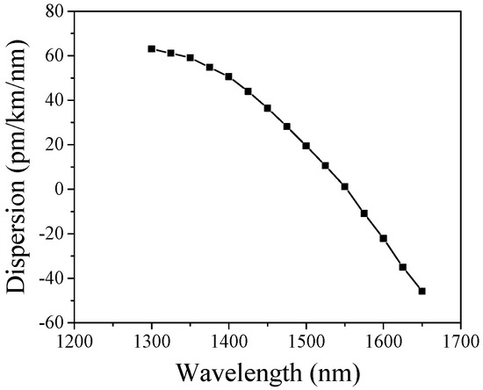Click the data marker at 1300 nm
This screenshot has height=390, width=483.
[152, 49]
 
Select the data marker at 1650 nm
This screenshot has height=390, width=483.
[422, 291]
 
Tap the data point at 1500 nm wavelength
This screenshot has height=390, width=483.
[306, 146]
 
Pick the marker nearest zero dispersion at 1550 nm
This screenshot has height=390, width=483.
[345, 186]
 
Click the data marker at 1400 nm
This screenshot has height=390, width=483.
[229, 76]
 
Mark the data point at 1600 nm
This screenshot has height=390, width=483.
[384, 238]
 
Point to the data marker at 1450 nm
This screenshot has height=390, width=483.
[268, 108]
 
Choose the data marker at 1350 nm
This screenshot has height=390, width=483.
[191, 58]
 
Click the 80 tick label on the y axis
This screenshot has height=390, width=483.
[55, 11]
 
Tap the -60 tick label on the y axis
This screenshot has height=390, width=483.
[51, 323]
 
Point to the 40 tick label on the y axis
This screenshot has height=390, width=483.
[55, 100]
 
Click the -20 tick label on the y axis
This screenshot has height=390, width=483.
[51, 234]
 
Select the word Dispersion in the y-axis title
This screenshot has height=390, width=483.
[19, 237]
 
